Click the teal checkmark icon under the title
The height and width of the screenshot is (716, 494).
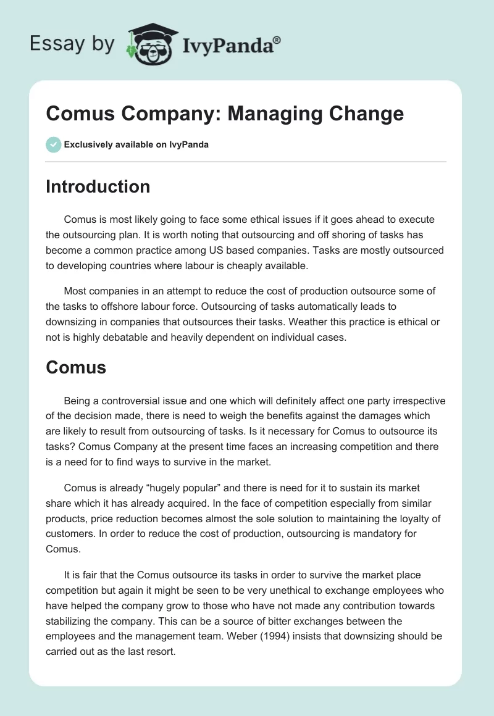(53, 144)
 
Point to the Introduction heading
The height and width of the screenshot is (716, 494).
(98, 186)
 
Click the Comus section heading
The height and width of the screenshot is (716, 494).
(76, 368)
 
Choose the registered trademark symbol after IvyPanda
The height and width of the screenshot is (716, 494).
(277, 40)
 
